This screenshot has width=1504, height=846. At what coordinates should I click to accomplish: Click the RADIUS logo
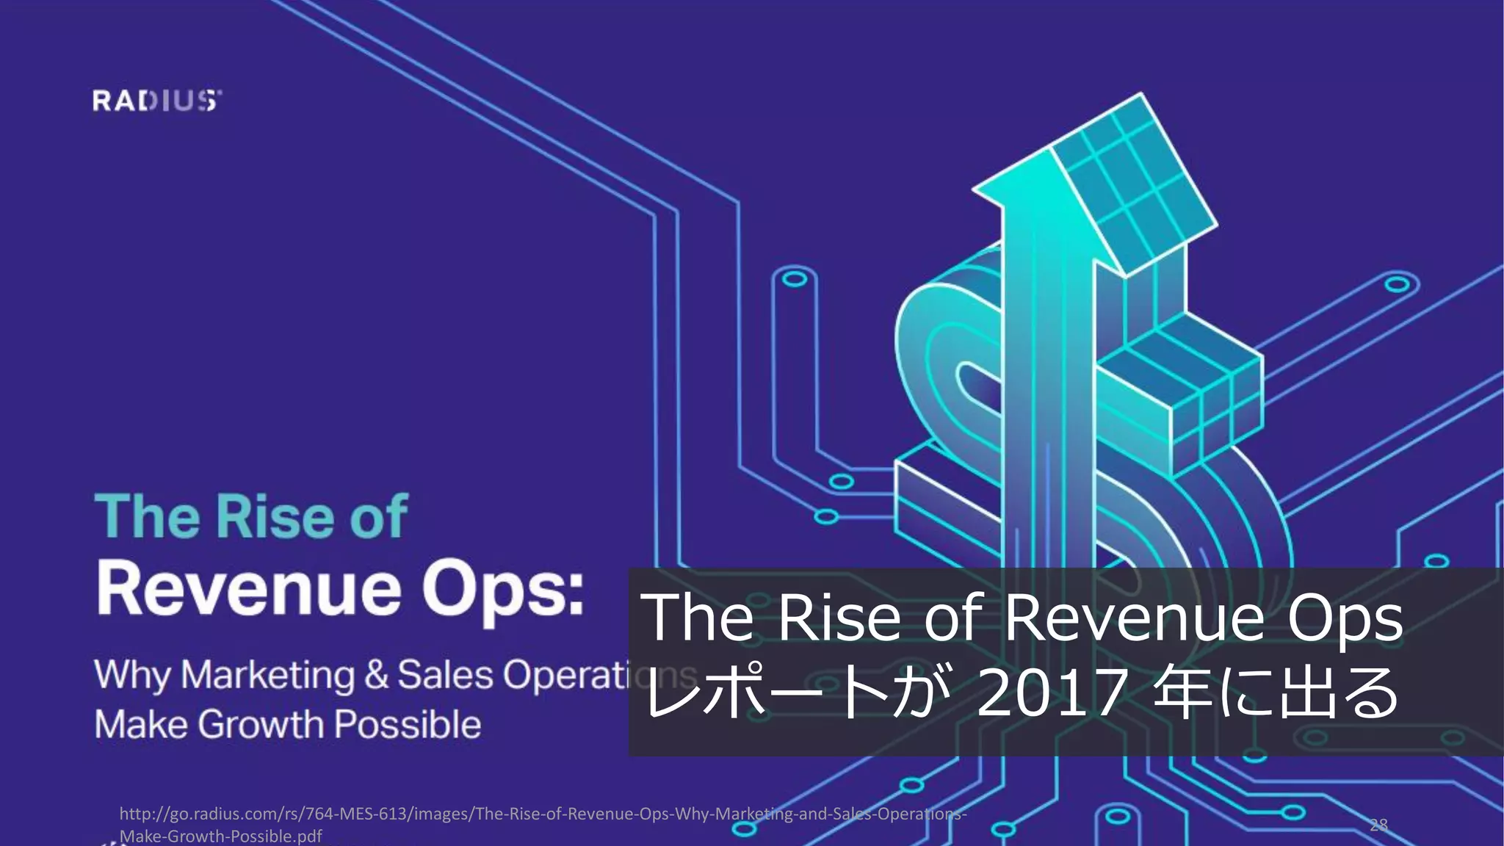(x=156, y=101)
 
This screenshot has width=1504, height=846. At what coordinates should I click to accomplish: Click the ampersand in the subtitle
(x=376, y=674)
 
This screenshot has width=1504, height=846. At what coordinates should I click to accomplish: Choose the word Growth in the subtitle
(x=261, y=725)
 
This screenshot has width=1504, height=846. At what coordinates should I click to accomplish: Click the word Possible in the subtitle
(x=408, y=724)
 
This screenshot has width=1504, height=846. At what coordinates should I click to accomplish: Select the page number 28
(x=1378, y=825)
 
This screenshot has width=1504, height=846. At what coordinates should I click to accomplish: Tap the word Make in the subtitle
(x=140, y=725)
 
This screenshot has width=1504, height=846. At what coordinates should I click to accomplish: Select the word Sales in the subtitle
(x=445, y=674)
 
